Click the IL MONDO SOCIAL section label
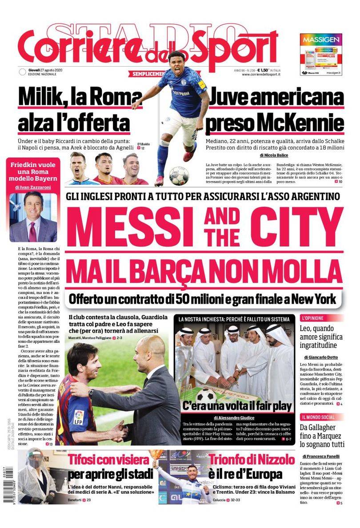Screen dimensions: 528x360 coord(319,417)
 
